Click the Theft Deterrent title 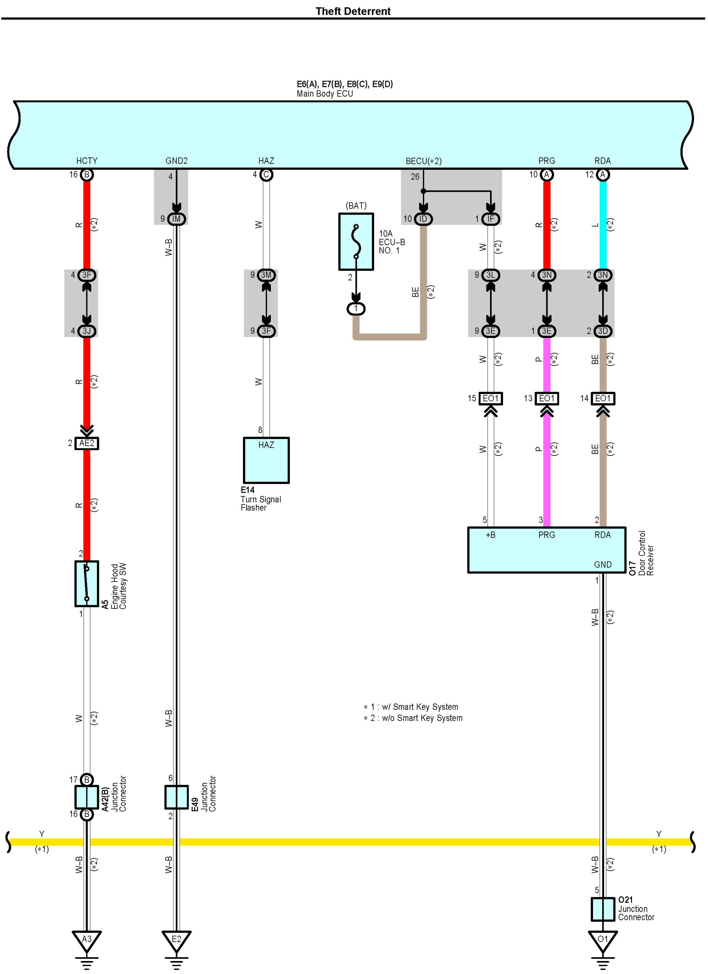[x=353, y=11]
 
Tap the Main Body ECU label [x=324, y=94]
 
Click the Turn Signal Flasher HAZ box [x=266, y=460]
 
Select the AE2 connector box [x=86, y=443]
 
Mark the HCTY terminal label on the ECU [x=87, y=161]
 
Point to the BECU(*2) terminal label [x=423, y=161]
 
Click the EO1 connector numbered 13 [x=547, y=399]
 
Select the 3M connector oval [x=266, y=275]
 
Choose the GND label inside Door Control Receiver [x=602, y=564]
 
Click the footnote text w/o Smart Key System [x=422, y=718]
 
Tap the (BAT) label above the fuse [x=356, y=206]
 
